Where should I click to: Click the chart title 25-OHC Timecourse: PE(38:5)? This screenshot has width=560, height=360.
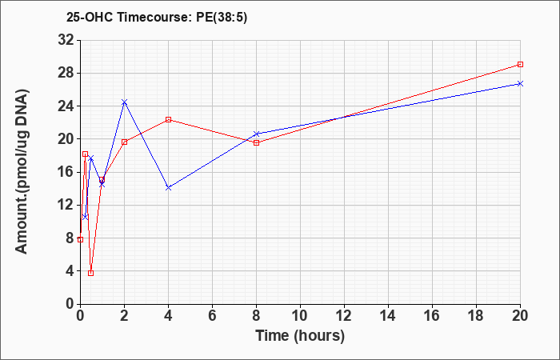point(157,17)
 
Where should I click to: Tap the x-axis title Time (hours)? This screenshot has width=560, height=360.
point(300,336)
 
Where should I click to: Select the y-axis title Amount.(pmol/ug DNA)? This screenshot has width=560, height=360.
point(22,172)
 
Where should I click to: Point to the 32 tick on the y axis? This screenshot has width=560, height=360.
point(66,40)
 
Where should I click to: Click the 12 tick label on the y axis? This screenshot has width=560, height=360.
point(66,205)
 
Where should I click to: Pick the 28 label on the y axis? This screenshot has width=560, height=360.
point(66,73)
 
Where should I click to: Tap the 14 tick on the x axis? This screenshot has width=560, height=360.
point(388,315)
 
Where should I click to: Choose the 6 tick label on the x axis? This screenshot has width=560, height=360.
point(212,315)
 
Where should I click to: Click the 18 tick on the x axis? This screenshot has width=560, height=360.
point(476,315)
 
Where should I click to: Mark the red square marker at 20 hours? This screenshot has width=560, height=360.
point(520,64)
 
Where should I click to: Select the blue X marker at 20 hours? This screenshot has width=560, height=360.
point(520,83)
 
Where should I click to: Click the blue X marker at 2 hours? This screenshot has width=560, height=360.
point(124,102)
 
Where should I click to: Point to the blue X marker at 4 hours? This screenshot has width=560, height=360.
point(168,187)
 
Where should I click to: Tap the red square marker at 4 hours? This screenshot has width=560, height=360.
point(168,119)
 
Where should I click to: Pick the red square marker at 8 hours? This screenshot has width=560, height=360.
point(256,142)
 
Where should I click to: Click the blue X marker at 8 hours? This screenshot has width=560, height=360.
point(256,134)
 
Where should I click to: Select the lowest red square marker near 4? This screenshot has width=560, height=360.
point(90,273)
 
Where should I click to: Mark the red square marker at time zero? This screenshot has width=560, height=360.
point(80,239)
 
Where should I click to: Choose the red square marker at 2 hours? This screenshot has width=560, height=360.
point(124,142)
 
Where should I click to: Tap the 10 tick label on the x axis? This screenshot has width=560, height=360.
point(300,315)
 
